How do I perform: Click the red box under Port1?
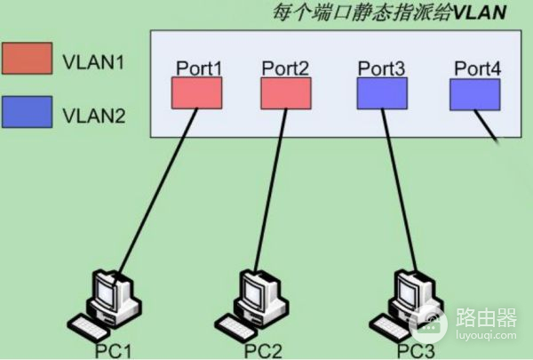[196, 92]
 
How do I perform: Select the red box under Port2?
[286, 92]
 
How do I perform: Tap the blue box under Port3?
[383, 92]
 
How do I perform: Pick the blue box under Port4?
[474, 93]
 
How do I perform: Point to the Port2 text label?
[286, 68]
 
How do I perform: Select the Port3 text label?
[382, 68]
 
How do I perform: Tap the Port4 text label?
[477, 68]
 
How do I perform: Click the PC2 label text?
[263, 350]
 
